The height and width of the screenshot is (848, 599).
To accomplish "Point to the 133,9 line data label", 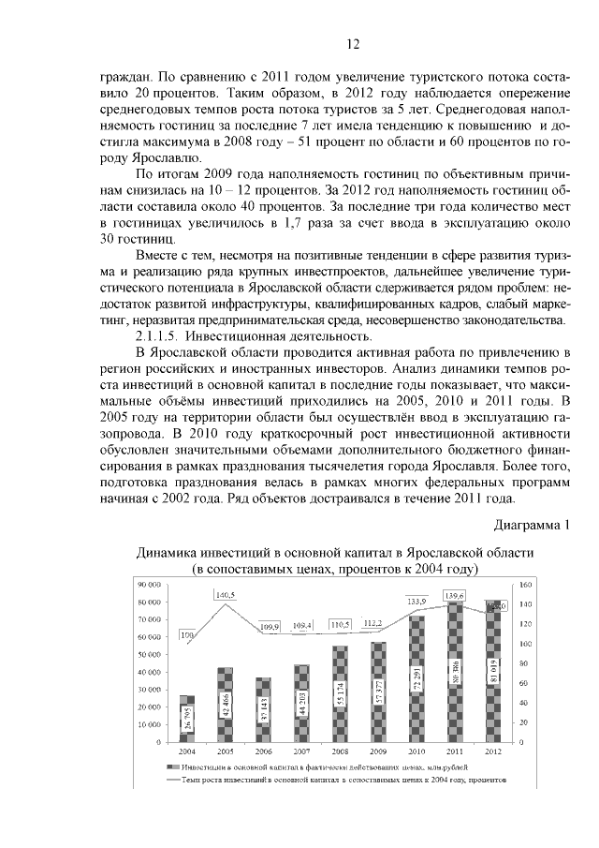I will (x=416, y=601).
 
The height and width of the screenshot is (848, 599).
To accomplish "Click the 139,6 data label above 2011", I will (x=454, y=595).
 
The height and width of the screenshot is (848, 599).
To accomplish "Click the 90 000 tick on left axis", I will (x=149, y=584).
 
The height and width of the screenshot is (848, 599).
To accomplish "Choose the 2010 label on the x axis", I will (x=416, y=751).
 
